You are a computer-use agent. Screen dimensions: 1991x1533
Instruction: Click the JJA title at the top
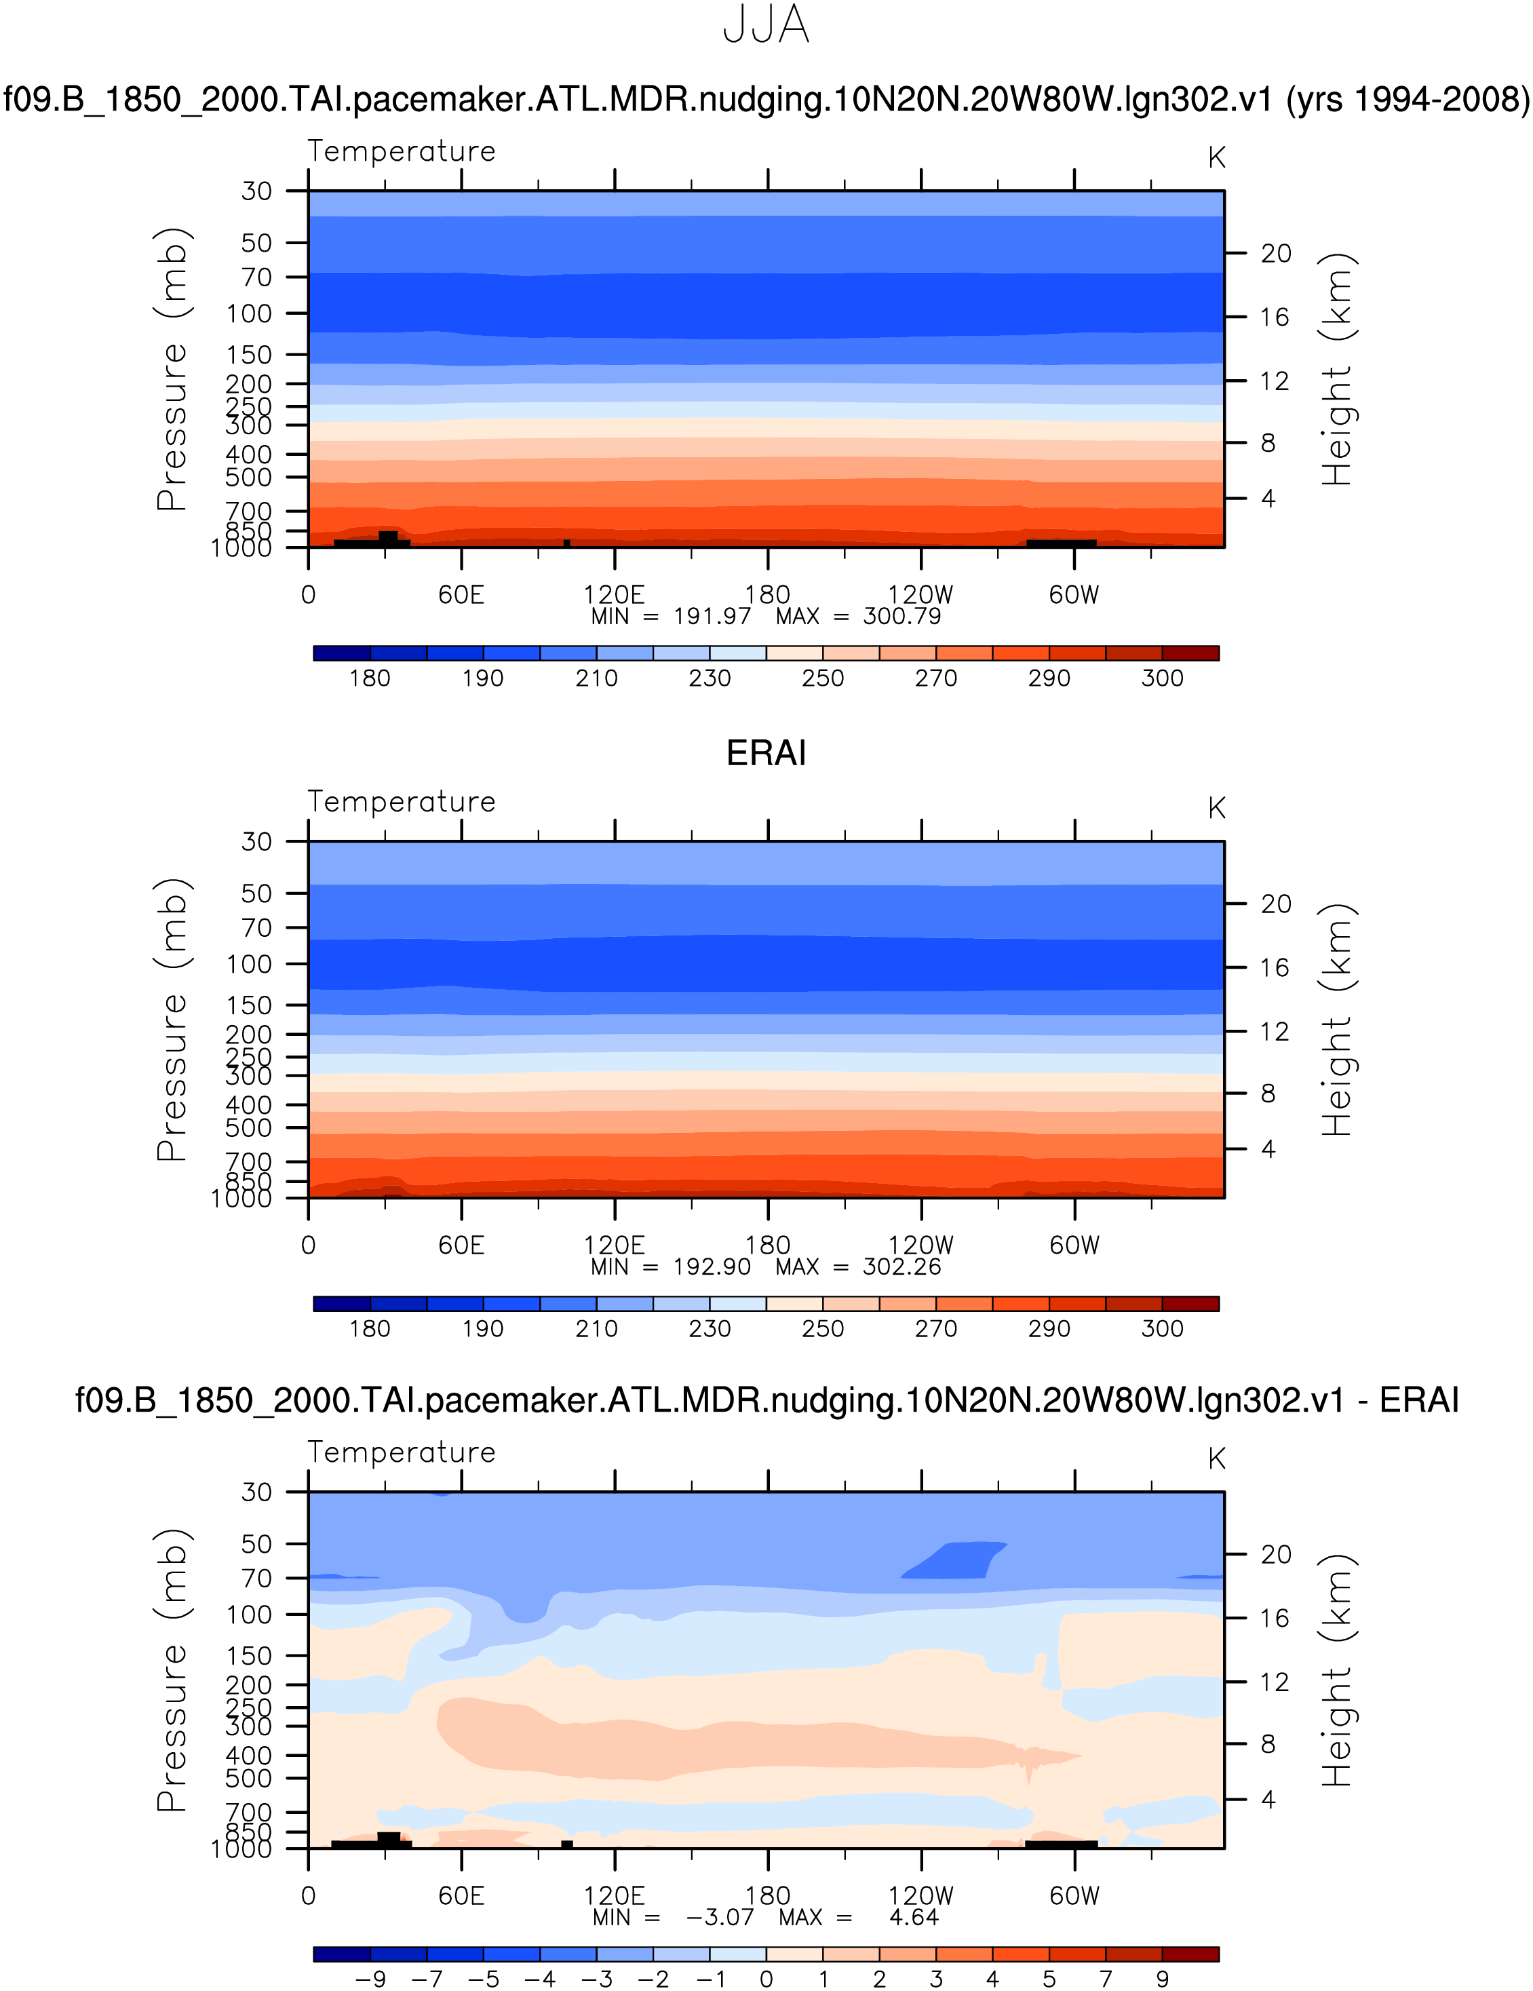click(x=766, y=26)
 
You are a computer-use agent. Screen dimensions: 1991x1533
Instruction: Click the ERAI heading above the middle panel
click(x=766, y=754)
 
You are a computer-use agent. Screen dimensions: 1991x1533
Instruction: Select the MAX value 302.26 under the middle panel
click(x=901, y=1267)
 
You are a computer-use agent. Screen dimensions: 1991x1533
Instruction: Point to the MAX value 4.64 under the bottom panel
click(x=913, y=1917)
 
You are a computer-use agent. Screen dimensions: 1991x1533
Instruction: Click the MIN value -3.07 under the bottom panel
click(x=720, y=1917)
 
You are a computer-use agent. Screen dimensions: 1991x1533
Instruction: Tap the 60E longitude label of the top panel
click(x=461, y=596)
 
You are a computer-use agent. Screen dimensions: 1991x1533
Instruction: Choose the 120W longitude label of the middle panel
click(x=920, y=1245)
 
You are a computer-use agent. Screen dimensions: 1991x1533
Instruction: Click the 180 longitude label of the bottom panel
click(x=767, y=1895)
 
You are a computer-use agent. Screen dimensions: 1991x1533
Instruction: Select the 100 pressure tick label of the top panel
click(x=249, y=313)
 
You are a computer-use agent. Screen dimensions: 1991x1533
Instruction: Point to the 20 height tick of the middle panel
click(x=1276, y=904)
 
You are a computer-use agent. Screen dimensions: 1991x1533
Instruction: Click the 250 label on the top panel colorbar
click(x=823, y=678)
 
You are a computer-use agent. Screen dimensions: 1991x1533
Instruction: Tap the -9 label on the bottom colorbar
click(x=370, y=1979)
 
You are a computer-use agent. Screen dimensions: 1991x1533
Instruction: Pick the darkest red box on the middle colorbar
click(x=1190, y=1304)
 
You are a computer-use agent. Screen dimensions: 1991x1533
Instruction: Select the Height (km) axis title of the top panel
click(x=1337, y=369)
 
